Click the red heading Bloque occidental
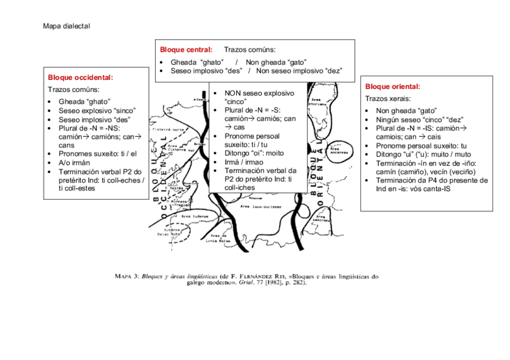point(81,77)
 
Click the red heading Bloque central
point(185,49)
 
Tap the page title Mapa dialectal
point(66,26)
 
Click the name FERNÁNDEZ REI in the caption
point(256,277)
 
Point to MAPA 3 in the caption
point(126,277)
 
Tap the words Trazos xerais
point(388,99)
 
